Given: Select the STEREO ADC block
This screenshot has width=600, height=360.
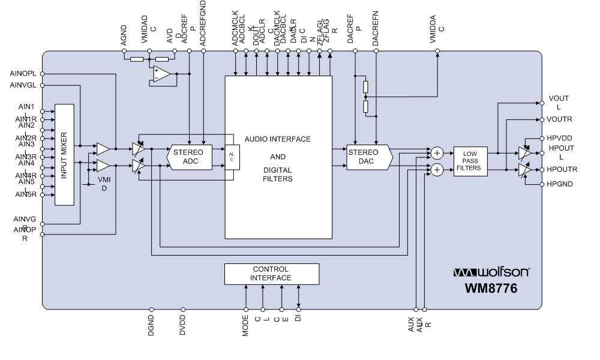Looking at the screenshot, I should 189,157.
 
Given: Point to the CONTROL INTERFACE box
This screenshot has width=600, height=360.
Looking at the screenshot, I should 271,274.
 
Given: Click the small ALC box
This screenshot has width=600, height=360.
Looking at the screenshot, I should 232,157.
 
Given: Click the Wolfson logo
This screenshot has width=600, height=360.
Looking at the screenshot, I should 492,273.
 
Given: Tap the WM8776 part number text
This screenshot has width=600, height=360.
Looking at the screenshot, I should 491,289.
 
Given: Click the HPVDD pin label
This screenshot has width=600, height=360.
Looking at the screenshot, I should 559,138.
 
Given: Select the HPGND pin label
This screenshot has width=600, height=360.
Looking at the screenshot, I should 559,184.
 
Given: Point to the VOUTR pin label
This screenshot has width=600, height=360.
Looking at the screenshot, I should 559,119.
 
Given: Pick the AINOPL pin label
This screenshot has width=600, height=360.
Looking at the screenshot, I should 23,73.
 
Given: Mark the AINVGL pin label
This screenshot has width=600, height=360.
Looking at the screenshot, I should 23,85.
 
